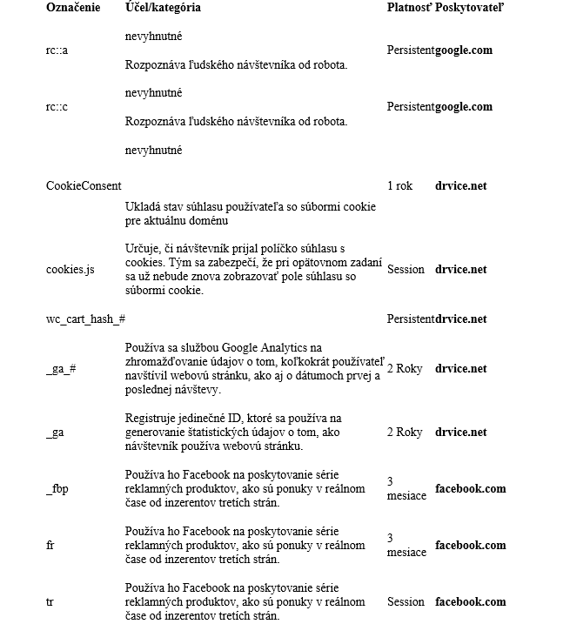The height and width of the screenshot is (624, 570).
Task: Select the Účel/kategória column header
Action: click(163, 8)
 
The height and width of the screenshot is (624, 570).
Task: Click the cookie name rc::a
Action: click(57, 50)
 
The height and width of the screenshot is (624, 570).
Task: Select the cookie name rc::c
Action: click(57, 107)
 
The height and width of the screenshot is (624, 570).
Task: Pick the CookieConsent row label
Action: click(84, 185)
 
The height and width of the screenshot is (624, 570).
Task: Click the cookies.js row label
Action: click(70, 270)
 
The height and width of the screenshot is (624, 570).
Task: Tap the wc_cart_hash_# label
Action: click(85, 319)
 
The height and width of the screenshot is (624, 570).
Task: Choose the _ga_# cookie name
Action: click(61, 369)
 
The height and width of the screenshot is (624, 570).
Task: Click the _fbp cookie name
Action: click(57, 489)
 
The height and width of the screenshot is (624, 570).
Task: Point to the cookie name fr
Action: click(50, 546)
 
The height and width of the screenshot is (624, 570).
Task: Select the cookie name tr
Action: click(50, 602)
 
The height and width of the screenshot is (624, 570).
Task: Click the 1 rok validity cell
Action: click(400, 185)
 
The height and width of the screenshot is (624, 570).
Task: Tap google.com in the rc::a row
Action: click(464, 50)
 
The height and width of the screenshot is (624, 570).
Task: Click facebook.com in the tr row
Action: click(470, 602)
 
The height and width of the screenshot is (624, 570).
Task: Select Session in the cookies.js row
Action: click(406, 270)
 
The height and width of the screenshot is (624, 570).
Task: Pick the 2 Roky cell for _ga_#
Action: click(405, 369)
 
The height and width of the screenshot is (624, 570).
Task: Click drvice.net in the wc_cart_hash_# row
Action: click(461, 319)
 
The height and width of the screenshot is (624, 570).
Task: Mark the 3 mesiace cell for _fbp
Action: click(406, 488)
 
